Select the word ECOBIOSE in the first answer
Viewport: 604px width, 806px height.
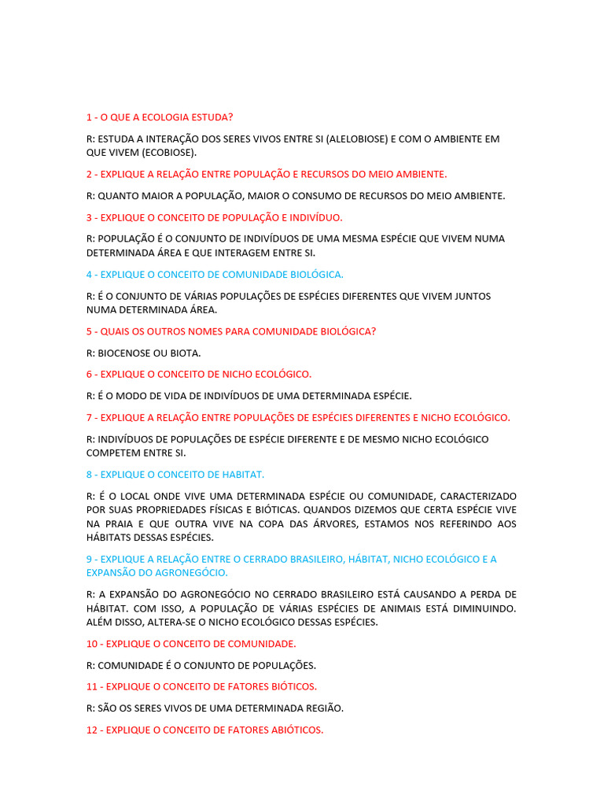(x=171, y=153)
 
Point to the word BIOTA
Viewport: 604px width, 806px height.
(x=186, y=353)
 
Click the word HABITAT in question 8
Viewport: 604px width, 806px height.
(x=243, y=475)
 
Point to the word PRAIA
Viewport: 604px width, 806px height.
(x=123, y=523)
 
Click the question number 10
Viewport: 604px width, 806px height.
(x=92, y=644)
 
